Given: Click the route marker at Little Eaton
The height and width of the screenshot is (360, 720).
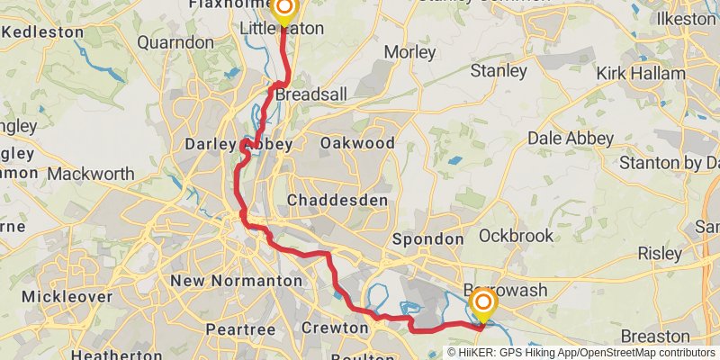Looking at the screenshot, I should click(x=284, y=11).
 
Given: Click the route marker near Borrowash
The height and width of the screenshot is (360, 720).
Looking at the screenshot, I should click(x=482, y=307).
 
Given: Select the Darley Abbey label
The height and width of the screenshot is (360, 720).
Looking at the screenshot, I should click(x=226, y=144).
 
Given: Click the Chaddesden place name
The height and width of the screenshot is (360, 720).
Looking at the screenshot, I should click(x=337, y=199).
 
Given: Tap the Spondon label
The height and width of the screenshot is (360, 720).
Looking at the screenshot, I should click(x=427, y=239).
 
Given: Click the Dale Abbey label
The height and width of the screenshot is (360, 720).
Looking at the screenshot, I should click(x=571, y=139).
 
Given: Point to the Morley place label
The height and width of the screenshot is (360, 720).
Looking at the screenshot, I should click(x=409, y=52).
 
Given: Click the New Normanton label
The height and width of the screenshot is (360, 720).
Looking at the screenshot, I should click(x=236, y=281).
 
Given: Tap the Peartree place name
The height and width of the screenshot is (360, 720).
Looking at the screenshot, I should click(x=240, y=330).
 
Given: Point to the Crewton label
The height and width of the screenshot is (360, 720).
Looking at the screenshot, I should click(x=335, y=328).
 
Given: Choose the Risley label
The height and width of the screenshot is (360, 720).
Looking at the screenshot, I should click(x=660, y=254).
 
